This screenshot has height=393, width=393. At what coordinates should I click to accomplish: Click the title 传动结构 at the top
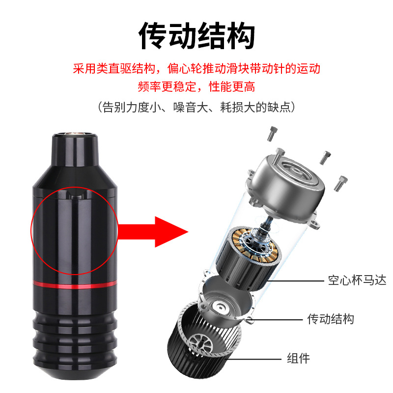tap(196, 37)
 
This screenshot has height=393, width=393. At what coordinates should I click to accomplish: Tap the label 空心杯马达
tap(357, 281)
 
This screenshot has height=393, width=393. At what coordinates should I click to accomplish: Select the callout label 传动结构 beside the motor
tap(330, 319)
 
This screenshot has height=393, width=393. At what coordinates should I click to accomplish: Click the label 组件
tap(298, 358)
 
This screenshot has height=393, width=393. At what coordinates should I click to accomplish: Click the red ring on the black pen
tap(75, 284)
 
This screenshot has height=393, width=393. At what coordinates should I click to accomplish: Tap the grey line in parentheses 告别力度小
tap(196, 107)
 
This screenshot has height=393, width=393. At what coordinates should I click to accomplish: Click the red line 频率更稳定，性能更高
tap(196, 87)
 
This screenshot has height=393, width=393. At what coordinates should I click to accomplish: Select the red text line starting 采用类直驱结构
tap(196, 68)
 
